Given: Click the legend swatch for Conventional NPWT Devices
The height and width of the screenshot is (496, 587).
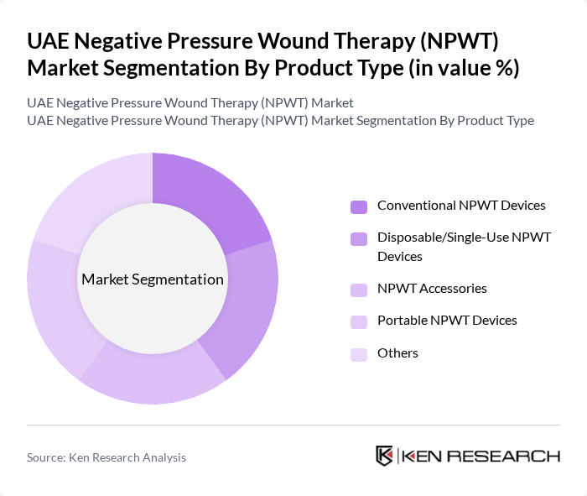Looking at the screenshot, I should pyautogui.click(x=359, y=206).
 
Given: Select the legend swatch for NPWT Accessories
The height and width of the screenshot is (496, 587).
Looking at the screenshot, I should pyautogui.click(x=359, y=290).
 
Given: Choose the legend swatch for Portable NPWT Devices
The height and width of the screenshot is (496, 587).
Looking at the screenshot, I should pyautogui.click(x=359, y=321).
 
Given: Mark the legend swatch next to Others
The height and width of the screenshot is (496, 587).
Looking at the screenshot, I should pyautogui.click(x=359, y=354).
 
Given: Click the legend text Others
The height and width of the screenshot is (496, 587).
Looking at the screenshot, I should pyautogui.click(x=397, y=353).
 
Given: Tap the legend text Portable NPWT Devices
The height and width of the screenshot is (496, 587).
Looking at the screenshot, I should pyautogui.click(x=447, y=321).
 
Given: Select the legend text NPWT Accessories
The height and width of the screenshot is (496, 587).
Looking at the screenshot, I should pyautogui.click(x=432, y=289).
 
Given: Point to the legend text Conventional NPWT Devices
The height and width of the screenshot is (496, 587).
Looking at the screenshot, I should pyautogui.click(x=461, y=206).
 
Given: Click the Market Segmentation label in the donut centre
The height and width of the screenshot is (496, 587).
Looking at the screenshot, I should pyautogui.click(x=153, y=279).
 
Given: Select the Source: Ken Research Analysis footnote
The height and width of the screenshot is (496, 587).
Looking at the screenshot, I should pyautogui.click(x=106, y=457).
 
